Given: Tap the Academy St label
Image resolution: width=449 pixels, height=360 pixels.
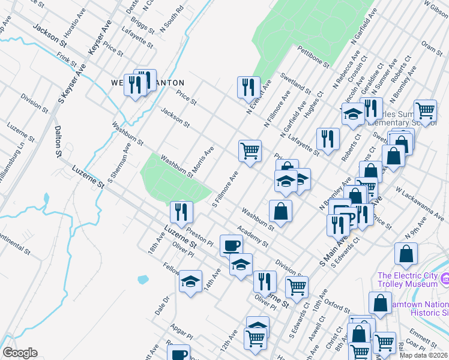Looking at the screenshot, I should point(252,236).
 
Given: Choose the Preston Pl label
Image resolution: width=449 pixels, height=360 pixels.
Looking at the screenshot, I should point(199,232).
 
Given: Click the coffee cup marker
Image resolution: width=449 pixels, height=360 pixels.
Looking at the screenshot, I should point(231,245).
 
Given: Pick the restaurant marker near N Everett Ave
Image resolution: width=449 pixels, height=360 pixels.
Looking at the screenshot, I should point(247,86).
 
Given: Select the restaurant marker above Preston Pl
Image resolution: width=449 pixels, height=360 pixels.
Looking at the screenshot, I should point(181,211).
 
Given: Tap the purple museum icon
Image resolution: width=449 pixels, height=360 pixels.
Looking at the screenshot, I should point(445,279).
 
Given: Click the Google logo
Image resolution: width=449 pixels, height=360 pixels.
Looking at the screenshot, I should point(20,353).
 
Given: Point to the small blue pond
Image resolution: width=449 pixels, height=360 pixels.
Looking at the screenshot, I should point(143,280).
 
